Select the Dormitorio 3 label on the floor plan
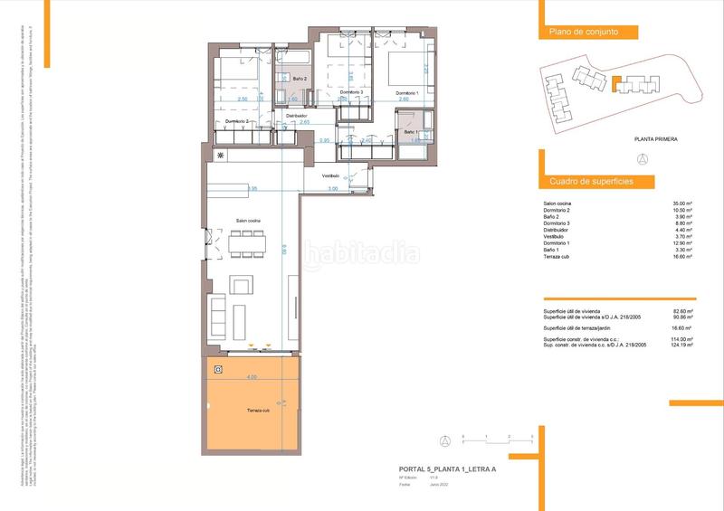click(x=352, y=92)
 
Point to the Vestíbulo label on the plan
click(x=330, y=175)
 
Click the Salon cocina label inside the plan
click(x=249, y=221)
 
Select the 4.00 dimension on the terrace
click(x=252, y=376)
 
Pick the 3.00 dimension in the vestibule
click(x=332, y=189)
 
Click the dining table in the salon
click(x=247, y=242)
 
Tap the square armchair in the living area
click(x=242, y=288)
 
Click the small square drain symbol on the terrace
click(x=219, y=369)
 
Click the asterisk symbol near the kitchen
click(x=218, y=156)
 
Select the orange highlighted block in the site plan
click(x=614, y=85)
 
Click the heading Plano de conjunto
click(x=584, y=32)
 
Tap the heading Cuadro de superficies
click(x=591, y=182)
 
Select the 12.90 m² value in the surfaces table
click(x=683, y=243)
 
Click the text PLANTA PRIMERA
click(x=655, y=139)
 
